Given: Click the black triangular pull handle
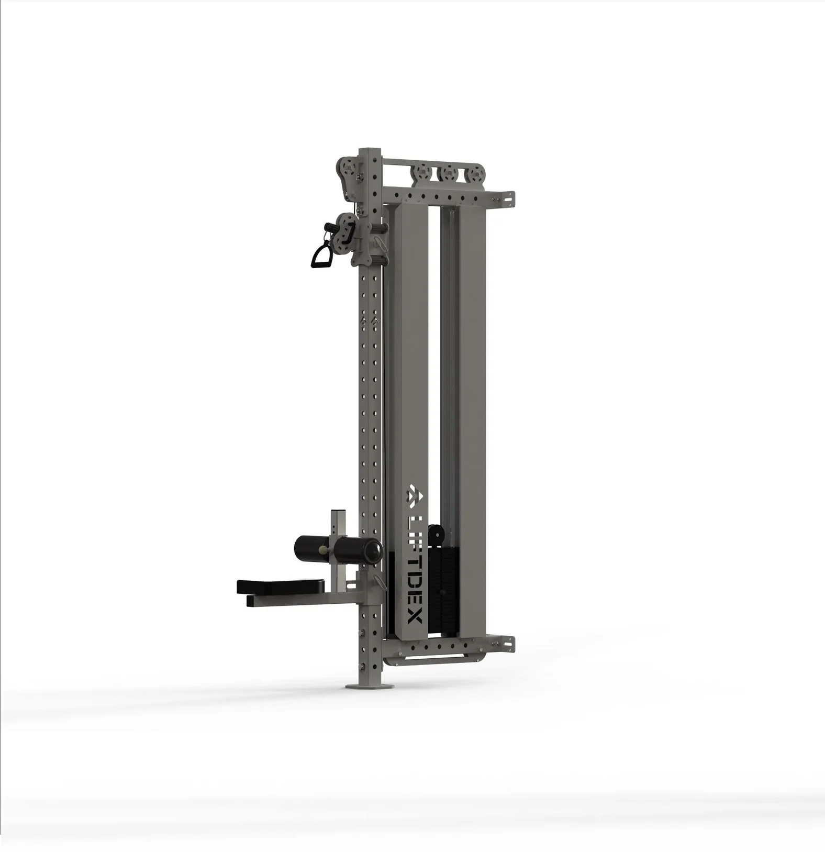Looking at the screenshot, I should (x=319, y=256).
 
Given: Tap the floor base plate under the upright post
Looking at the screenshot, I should (x=367, y=687).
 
